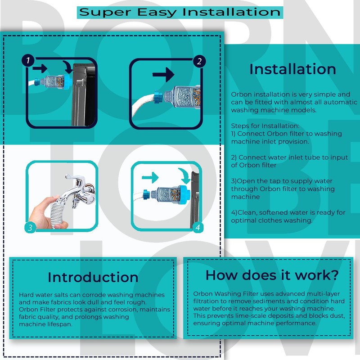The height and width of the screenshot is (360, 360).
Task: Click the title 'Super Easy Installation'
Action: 180,12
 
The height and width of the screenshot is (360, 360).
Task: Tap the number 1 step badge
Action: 28,60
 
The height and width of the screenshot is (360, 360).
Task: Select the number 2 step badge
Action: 198,61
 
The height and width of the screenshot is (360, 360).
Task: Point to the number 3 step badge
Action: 30,227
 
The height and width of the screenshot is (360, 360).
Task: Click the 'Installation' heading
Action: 292,69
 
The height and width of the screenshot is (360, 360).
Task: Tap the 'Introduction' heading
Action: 93,276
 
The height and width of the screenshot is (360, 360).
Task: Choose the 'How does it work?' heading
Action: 272,274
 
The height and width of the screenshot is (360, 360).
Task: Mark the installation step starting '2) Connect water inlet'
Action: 289,161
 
